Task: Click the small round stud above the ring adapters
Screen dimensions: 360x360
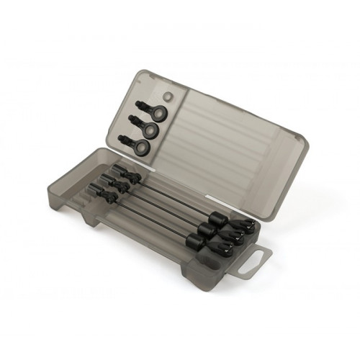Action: tap(167, 96)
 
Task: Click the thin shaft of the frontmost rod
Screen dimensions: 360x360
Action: tap(151, 216)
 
